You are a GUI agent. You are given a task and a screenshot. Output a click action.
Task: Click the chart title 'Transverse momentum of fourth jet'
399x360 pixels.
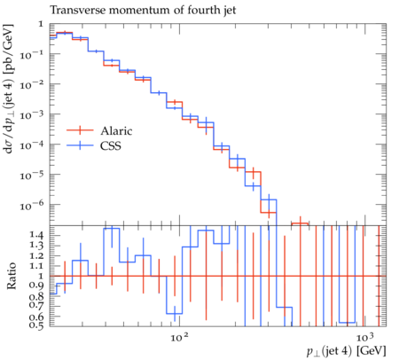coord(143,11)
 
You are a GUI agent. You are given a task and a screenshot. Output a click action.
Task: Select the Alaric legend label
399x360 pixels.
coord(116,130)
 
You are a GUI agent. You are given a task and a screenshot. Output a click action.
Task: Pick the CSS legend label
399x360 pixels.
coord(111,145)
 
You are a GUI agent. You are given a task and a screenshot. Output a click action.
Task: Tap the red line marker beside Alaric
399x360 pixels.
coord(80,130)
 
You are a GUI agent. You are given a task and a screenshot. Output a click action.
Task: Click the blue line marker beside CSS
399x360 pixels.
coord(80,145)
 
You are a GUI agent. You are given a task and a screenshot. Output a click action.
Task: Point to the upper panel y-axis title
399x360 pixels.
coord(8,89)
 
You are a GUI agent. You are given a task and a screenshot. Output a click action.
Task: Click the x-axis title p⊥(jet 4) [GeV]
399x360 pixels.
coord(346,351)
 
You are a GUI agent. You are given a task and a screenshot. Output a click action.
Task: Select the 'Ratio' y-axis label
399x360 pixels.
coord(12,276)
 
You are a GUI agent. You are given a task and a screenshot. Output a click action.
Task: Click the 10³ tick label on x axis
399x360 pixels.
coord(365,337)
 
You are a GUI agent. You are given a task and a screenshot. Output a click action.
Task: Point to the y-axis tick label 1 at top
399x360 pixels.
coord(41,24)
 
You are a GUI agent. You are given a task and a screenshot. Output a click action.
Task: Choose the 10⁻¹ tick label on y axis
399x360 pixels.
coord(32,54)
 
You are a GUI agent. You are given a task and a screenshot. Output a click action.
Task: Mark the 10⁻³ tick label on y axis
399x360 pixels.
coord(32,114)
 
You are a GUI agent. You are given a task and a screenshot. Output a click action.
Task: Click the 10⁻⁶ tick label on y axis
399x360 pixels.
coord(32,205)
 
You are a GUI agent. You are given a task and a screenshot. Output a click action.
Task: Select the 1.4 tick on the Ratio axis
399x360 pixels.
coord(37,236)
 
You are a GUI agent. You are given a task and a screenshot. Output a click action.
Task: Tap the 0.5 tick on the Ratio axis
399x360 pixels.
coord(37,325)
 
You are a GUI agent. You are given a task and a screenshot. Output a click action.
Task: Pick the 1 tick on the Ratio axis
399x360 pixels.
coord(41,276)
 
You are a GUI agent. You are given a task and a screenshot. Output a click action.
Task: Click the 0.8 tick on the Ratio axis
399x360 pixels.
coord(37,296)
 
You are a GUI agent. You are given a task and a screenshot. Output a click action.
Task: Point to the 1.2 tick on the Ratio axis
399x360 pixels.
coord(37,256)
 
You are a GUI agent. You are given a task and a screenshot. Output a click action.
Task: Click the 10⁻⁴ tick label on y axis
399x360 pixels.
coord(32,145)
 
